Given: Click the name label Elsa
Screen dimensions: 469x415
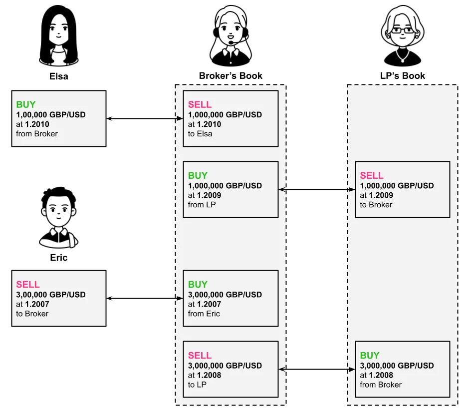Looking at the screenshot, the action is (59, 76).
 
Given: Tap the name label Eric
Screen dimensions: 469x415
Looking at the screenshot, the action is (59, 258).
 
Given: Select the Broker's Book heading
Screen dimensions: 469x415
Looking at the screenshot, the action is (231, 76).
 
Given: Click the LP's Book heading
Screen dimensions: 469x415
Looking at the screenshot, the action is (402, 76).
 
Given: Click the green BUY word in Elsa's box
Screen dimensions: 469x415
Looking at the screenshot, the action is (26, 104).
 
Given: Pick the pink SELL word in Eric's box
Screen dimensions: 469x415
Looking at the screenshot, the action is (28, 284).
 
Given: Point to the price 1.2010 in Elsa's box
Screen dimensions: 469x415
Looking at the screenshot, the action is (37, 124).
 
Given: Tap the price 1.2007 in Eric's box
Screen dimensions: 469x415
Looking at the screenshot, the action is (37, 304).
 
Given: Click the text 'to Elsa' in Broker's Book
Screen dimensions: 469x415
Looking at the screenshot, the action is (200, 134).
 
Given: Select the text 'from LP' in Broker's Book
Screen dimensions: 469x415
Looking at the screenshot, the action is (202, 205).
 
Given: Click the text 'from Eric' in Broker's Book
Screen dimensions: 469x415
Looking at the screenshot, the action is (204, 314).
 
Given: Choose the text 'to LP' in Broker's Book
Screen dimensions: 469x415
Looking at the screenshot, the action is (197, 385).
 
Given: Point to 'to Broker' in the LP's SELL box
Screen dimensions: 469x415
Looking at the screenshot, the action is (376, 205).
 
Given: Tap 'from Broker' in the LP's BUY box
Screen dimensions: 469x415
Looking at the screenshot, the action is (381, 385).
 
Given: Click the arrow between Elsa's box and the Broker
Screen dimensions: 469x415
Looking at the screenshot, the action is (145, 118).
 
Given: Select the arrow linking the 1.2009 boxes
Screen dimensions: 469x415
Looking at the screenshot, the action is (317, 190).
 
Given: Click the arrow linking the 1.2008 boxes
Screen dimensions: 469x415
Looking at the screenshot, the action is (317, 370).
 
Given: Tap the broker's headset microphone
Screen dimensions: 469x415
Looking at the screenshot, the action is (231, 43).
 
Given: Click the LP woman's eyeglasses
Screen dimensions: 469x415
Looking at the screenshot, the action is (403, 30).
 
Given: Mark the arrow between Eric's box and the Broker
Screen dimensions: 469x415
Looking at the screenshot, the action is (145, 299).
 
